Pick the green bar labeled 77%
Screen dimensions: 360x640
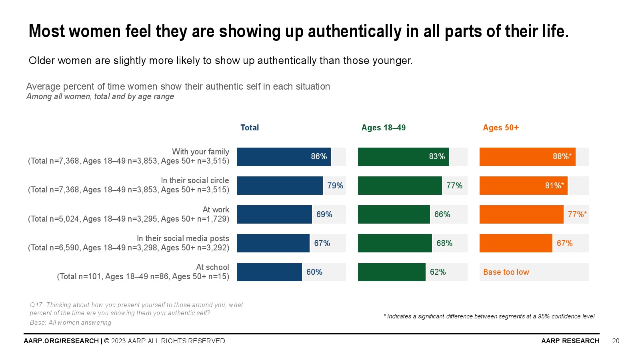400,186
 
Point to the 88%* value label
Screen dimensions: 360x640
562,157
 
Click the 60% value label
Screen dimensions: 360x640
314,272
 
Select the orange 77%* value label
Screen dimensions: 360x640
577,214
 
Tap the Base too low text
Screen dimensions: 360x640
506,272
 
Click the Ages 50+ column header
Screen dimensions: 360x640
500,128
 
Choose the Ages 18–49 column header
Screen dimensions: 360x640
383,128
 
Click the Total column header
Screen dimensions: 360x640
250,128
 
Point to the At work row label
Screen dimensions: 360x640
216,210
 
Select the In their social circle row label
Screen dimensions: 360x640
195,180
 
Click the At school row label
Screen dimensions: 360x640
212,267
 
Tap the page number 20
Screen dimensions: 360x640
616,341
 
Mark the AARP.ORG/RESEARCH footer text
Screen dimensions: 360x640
61,341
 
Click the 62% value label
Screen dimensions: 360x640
438,272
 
